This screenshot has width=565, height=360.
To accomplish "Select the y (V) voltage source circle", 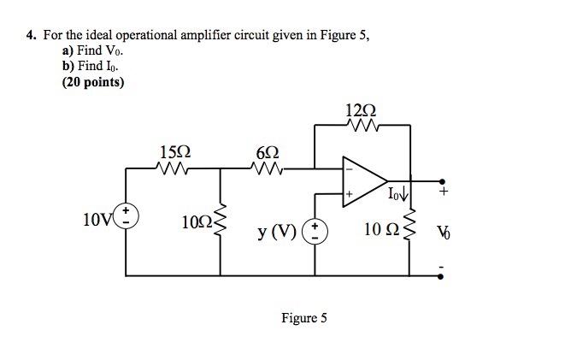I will [316, 229].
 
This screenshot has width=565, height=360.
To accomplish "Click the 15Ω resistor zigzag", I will [175, 168].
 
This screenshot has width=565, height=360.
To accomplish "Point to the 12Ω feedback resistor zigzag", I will [362, 127].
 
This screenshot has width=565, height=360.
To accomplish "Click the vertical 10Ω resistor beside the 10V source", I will [222, 224].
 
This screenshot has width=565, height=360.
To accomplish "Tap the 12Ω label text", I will [361, 109].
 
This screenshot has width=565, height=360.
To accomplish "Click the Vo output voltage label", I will [443, 231].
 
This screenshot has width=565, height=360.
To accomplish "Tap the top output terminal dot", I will [442, 181].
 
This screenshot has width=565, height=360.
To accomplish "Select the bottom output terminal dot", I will [442, 276].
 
